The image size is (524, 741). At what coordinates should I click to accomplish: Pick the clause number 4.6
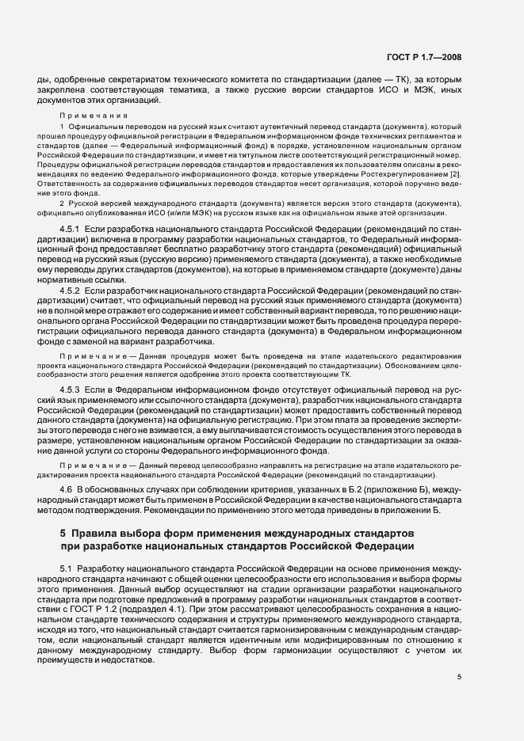click(x=67, y=492)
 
